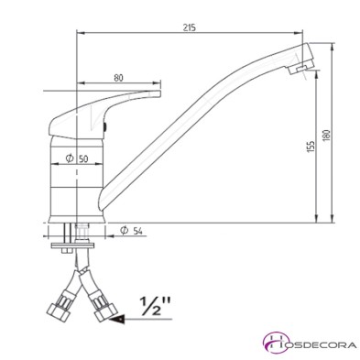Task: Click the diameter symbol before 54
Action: pyautogui.click(x=123, y=230)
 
